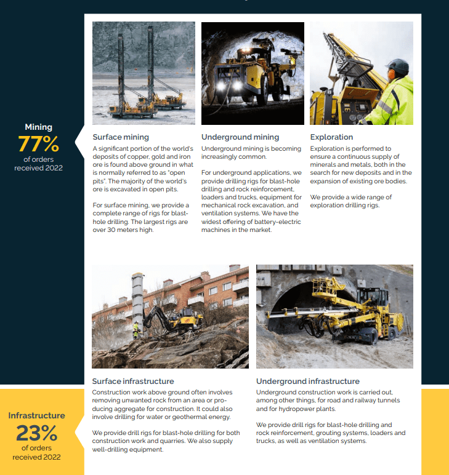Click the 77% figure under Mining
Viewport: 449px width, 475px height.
coord(38,144)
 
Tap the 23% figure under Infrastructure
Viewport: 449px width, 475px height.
coord(36,433)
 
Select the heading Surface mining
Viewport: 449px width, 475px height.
coord(121,137)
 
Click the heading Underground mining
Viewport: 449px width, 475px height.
coord(240,137)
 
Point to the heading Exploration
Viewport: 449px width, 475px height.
coord(331,137)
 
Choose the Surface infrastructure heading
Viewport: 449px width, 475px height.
coord(133,381)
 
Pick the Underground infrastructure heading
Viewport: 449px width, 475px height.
coord(308,381)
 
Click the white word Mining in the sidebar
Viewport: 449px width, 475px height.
coord(38,127)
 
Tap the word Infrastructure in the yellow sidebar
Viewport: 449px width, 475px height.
coord(36,415)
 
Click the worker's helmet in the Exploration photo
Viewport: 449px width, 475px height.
coord(397,66)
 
